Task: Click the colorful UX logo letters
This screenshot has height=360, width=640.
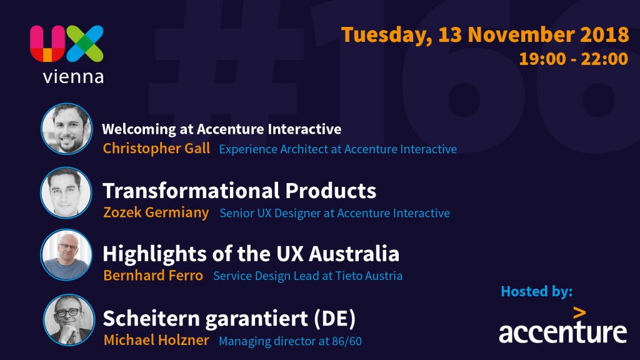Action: click(66, 43)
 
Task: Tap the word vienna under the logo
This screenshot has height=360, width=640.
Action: click(74, 76)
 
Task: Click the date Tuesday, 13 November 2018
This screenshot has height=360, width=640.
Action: click(485, 35)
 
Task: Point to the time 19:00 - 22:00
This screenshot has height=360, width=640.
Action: click(574, 59)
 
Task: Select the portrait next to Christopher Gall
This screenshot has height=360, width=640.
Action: click(66, 129)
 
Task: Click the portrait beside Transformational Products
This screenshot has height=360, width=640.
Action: click(66, 192)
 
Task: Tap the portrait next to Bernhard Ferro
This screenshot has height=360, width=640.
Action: click(66, 255)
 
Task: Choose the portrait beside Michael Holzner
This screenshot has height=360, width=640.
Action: click(69, 320)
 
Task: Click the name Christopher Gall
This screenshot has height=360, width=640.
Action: click(156, 149)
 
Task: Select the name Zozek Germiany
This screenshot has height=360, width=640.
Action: click(156, 212)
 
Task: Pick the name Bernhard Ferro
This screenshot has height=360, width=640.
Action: click(153, 276)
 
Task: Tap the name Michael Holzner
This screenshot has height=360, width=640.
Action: click(156, 340)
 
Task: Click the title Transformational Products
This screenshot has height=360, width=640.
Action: click(239, 191)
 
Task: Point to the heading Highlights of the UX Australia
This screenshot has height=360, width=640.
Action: click(251, 254)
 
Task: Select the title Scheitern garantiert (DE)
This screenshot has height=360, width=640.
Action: click(229, 319)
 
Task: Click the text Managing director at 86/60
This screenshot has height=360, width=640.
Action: click(290, 341)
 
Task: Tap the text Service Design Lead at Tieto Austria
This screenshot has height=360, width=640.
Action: click(307, 276)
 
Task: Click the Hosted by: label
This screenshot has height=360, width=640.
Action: click(537, 291)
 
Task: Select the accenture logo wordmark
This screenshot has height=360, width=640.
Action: click(563, 325)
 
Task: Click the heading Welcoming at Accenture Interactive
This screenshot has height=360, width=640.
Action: click(222, 129)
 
